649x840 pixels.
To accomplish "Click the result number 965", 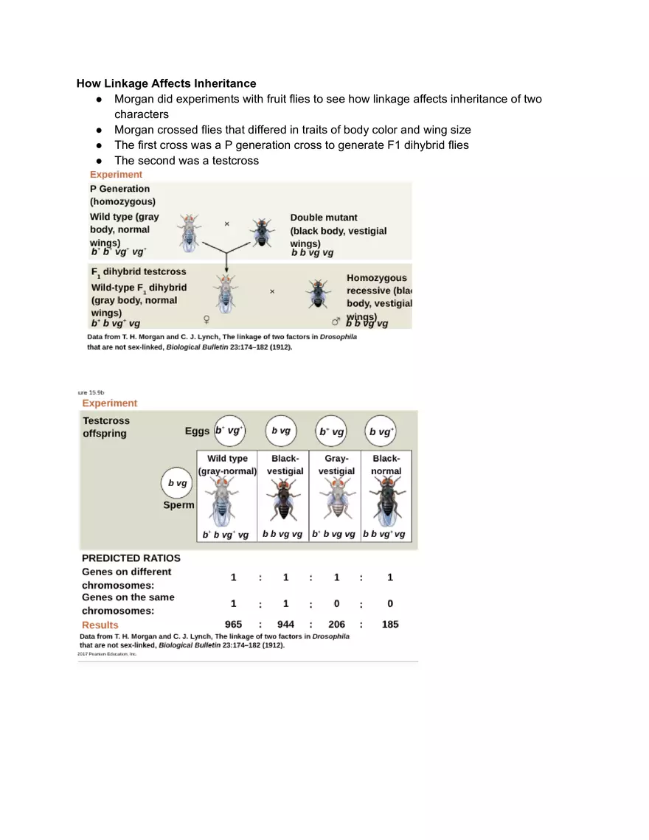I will [233, 625].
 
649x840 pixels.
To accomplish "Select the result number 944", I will [285, 625].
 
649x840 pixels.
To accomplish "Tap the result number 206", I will [336, 625].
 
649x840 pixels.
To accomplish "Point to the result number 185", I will [390, 625].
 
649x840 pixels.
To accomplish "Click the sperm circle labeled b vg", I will [177, 484].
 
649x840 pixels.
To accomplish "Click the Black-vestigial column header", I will [285, 465].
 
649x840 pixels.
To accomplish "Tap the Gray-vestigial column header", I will [336, 465].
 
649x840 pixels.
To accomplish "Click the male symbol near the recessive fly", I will [336, 322].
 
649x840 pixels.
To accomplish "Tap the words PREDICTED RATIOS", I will [131, 558].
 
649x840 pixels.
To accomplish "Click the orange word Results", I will [100, 625].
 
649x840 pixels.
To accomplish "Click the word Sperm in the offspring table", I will [178, 505].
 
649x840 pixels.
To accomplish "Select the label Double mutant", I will [324, 218].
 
